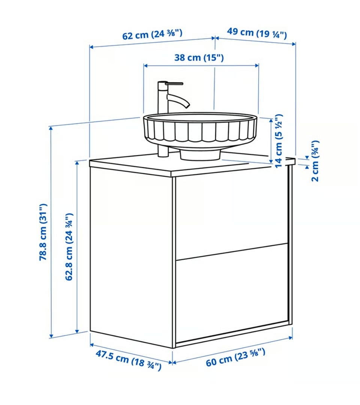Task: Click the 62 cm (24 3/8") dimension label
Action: tap(152, 34)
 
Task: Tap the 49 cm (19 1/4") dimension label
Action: tap(257, 33)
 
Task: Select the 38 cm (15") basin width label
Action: tap(199, 57)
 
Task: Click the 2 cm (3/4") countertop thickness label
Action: tap(315, 161)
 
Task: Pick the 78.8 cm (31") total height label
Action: tap(43, 232)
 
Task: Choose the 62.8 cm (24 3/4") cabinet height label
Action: tap(69, 247)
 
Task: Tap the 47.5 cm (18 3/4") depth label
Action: tap(128, 360)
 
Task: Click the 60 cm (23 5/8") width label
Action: tap(235, 357)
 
